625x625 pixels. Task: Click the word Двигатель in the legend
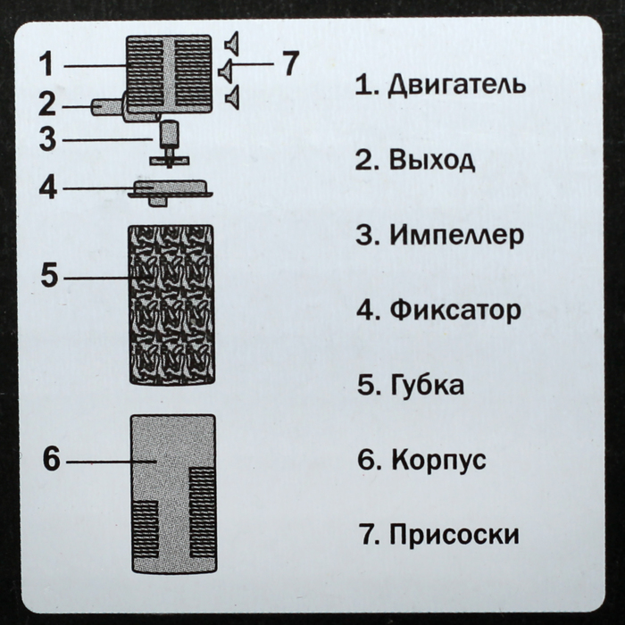(457, 86)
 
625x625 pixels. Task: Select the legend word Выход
(432, 160)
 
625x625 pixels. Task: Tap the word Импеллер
(457, 235)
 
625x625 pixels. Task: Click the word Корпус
(439, 461)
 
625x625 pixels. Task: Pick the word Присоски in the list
(454, 534)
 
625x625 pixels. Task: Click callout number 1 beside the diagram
(47, 64)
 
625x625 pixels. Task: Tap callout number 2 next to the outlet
(47, 104)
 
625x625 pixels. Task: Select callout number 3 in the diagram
(48, 139)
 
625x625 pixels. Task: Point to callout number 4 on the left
(48, 187)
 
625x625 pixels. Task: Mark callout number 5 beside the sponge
(49, 274)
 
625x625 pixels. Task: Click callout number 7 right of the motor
(290, 63)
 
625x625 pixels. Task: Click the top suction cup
(232, 44)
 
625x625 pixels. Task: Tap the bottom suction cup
(233, 96)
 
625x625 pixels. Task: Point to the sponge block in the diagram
(171, 304)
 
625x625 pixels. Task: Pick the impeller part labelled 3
(169, 145)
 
